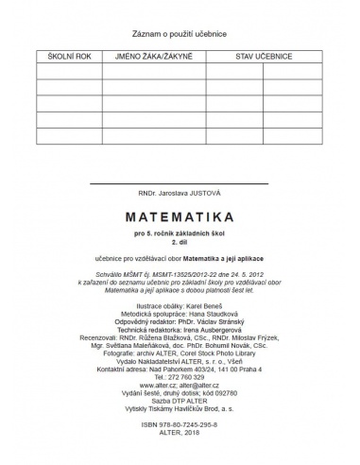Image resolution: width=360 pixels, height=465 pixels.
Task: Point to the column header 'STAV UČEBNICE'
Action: (x=264, y=58)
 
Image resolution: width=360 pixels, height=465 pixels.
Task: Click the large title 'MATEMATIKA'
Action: (x=180, y=215)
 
